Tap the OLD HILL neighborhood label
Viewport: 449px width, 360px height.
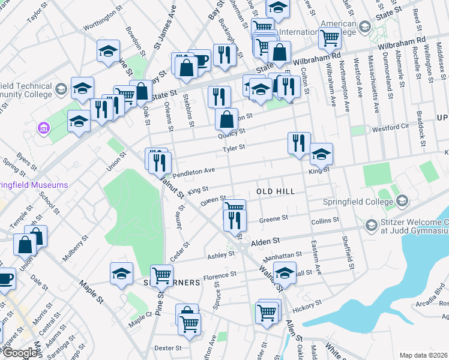(276, 191)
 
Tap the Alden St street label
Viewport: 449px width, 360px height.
(266, 241)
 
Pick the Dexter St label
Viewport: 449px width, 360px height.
(167, 348)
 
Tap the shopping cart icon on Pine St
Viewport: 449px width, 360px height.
(161, 276)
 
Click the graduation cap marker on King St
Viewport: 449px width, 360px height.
(321, 155)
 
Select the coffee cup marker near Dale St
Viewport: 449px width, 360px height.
(5, 278)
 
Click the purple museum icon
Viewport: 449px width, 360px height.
(42, 128)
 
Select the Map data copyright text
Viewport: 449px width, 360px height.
(424, 355)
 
